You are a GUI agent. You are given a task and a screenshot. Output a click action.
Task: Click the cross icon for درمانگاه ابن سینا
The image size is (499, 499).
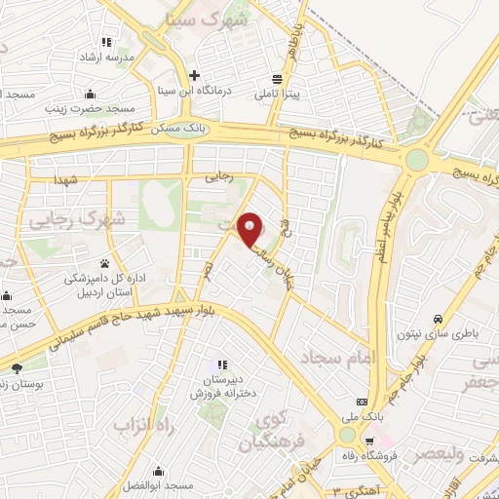pos(195,75)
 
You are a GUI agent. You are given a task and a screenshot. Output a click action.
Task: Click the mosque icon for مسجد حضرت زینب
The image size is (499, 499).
pos(91,95)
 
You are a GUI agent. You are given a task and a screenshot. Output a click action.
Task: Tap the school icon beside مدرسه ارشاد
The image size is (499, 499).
pos(106,42)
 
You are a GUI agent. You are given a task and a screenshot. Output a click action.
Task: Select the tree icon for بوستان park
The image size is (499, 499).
pos(16,368)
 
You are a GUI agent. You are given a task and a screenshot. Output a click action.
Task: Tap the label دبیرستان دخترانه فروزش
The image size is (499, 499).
pos(222,384)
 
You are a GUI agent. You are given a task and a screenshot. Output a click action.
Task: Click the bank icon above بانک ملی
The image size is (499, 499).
pos(363,402)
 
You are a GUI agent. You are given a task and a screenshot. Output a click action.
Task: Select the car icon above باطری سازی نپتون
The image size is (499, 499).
pos(439,319)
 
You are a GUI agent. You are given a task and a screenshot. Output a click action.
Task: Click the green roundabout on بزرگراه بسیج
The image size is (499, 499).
pos(417,158)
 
